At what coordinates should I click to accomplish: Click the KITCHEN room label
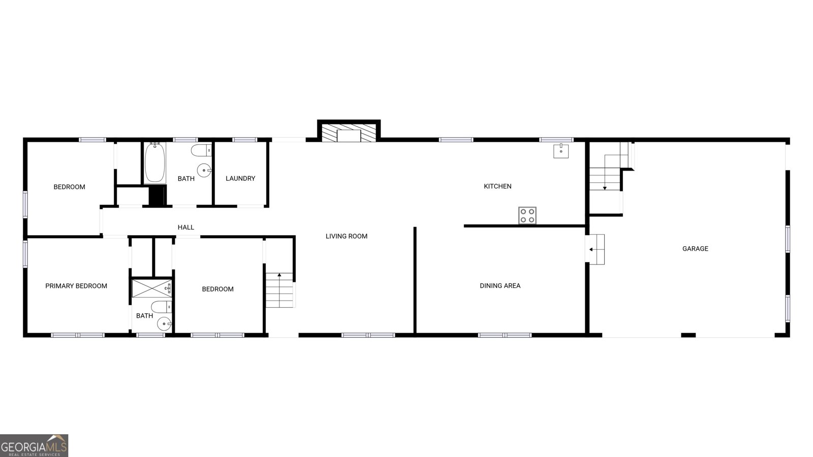[497, 186]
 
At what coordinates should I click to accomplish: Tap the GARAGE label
[695, 248]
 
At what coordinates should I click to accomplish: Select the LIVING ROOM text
[346, 236]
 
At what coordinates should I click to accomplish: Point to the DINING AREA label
[500, 286]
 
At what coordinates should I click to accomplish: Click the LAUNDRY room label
[240, 178]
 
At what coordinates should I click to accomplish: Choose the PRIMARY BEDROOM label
[76, 286]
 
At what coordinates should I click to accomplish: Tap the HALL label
[185, 227]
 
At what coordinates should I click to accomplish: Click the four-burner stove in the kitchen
[527, 215]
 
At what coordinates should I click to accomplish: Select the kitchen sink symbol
[561, 151]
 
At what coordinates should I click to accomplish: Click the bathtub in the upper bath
[155, 162]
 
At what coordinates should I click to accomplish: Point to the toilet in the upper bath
[201, 150]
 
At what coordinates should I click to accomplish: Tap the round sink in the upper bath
[204, 170]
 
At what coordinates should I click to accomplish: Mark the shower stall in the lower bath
[152, 288]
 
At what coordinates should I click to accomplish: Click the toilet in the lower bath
[162, 307]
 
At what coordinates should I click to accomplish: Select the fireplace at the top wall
[349, 131]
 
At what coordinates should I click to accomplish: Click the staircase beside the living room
[279, 290]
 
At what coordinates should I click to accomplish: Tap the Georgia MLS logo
[34, 445]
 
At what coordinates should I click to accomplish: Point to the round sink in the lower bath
[164, 323]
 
